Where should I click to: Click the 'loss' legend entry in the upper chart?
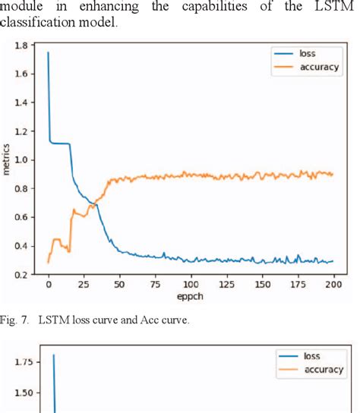coord(307,54)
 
